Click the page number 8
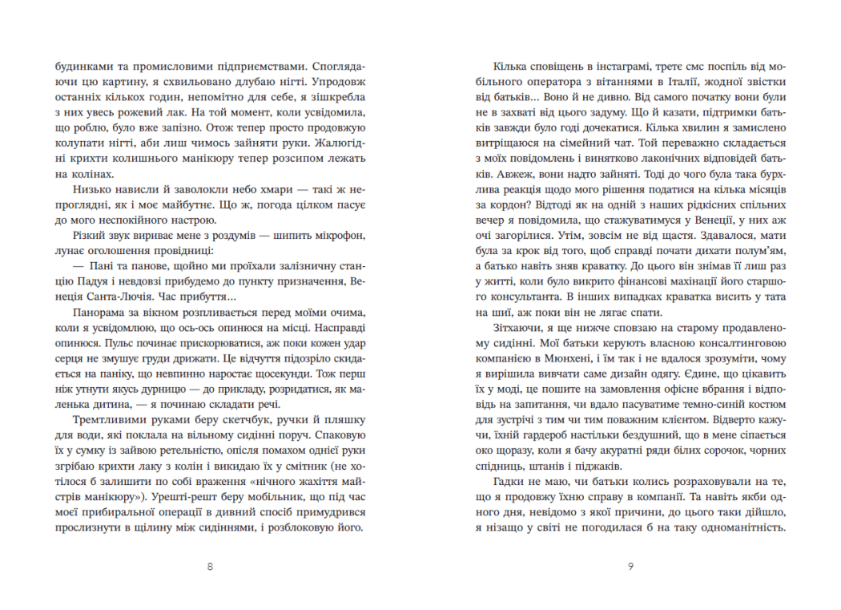pyautogui.click(x=210, y=567)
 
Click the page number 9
pyautogui.click(x=631, y=567)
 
